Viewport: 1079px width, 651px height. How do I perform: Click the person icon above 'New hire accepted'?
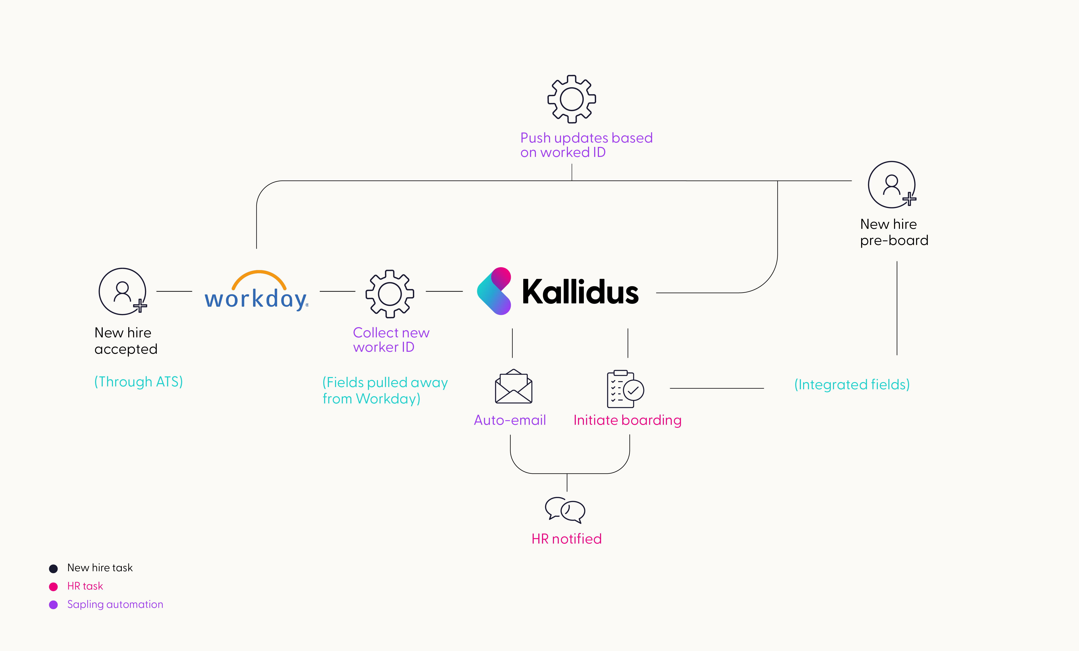coord(123,291)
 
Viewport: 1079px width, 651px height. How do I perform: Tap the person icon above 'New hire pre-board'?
coord(892,185)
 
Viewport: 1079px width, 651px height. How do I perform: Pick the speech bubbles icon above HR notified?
coord(565,510)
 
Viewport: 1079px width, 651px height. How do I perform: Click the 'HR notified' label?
coord(566,539)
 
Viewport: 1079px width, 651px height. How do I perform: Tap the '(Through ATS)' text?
coord(138,381)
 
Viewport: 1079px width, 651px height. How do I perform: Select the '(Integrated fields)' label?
coord(852,384)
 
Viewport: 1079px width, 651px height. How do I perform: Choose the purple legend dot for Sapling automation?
coord(53,605)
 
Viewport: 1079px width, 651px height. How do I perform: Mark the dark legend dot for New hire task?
coord(53,568)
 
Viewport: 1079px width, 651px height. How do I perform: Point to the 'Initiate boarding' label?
coord(627,420)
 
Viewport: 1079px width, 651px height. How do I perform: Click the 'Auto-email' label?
coord(510,420)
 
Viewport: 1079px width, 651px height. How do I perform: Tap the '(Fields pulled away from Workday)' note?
coord(385,390)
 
